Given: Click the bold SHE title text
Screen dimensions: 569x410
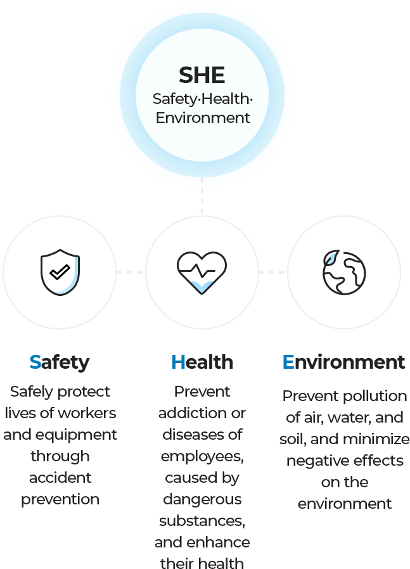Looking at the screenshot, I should [x=202, y=75].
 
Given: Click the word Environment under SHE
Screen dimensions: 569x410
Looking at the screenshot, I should [x=203, y=118].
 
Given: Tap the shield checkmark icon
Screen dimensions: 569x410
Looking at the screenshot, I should [x=60, y=272].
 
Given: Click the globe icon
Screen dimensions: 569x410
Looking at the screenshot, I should [x=344, y=272].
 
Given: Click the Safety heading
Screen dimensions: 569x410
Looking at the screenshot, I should [x=60, y=362].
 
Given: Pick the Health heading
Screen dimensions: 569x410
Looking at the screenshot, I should [x=202, y=362].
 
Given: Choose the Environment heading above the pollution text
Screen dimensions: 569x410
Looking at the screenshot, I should [x=343, y=362].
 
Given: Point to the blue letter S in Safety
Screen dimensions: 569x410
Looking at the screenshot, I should [x=35, y=362].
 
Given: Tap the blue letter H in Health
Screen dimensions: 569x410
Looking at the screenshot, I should [x=178, y=362].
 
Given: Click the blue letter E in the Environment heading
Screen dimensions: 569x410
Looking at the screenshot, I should [x=288, y=362].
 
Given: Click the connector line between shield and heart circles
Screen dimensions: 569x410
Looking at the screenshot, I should [x=131, y=272].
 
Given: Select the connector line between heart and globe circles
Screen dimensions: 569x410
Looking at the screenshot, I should [x=273, y=272].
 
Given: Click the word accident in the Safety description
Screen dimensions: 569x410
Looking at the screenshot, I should [x=60, y=477].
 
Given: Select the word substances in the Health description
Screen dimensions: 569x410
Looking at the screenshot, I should [x=202, y=521].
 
